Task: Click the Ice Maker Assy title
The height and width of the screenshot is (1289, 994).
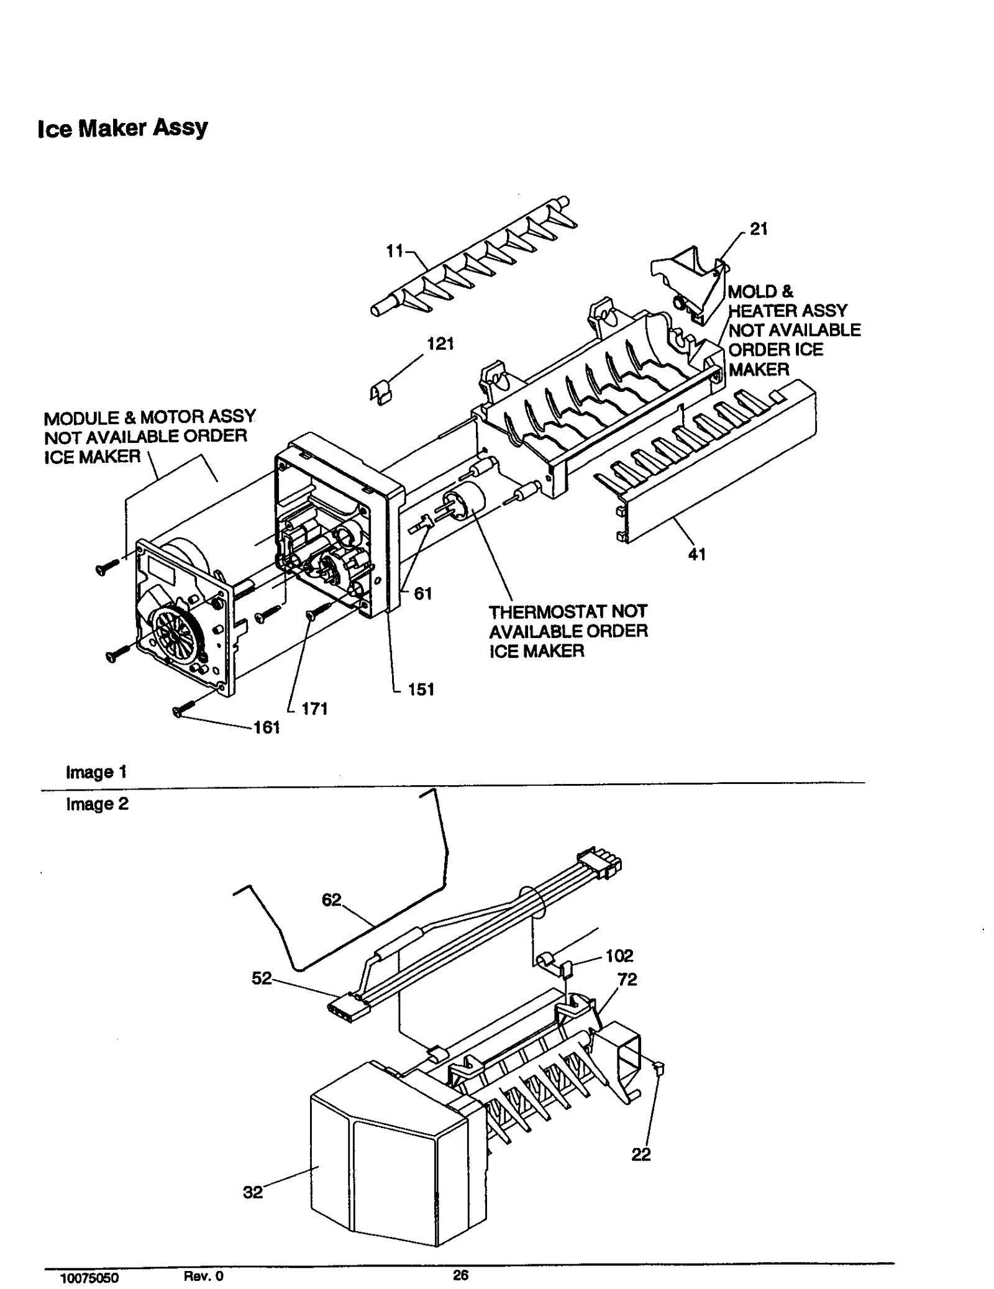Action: point(122,128)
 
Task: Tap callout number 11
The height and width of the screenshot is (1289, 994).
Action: point(394,251)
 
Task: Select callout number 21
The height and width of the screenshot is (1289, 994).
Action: point(759,229)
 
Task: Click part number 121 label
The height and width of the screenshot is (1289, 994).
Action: point(440,344)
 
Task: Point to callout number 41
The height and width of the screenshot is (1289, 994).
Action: point(696,554)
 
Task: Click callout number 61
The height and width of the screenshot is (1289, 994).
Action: point(422,594)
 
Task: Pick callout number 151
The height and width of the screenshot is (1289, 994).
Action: point(421,689)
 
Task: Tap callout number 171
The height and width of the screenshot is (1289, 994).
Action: point(314,709)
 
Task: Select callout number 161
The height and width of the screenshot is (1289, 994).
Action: point(267,727)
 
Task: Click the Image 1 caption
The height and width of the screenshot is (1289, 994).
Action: point(96,772)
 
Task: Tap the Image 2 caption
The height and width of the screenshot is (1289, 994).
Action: point(97,804)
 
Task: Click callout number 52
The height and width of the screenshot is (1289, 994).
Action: point(262,978)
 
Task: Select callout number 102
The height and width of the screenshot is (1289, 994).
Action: point(619,955)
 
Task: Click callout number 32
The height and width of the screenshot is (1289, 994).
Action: point(252,1192)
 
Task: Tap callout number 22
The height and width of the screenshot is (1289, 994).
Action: point(641,1154)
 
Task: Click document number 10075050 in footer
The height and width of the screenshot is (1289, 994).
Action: point(89,1278)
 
